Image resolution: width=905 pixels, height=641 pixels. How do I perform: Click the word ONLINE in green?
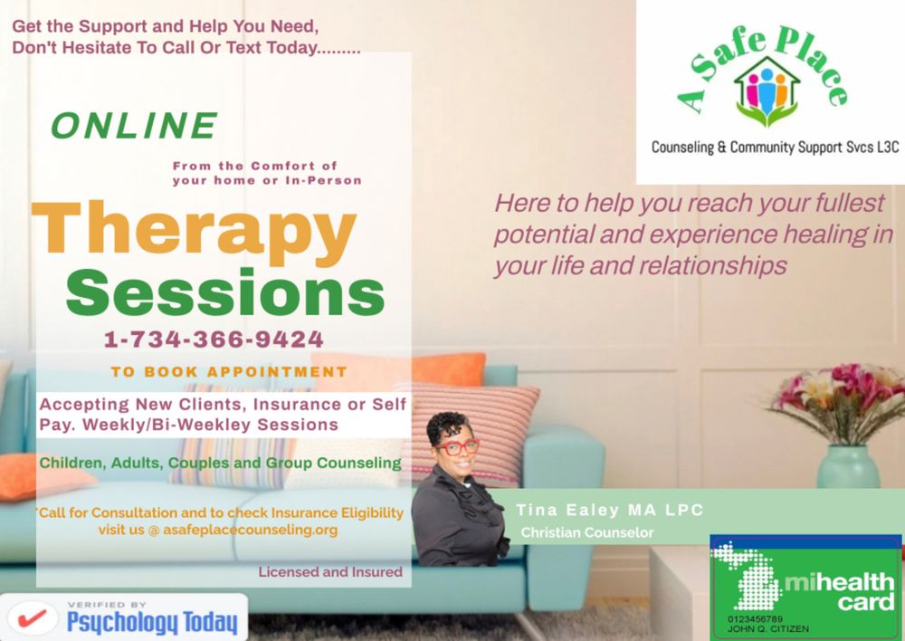pyautogui.click(x=133, y=126)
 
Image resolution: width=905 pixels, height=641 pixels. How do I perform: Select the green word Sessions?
pyautogui.click(x=225, y=292)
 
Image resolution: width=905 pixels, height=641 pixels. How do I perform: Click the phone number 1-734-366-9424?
pyautogui.click(x=214, y=340)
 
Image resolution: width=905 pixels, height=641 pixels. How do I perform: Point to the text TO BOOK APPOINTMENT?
pyautogui.click(x=229, y=371)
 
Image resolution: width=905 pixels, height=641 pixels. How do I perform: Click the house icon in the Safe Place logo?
pyautogui.click(x=767, y=91)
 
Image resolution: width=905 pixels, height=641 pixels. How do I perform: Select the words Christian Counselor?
pyautogui.click(x=586, y=533)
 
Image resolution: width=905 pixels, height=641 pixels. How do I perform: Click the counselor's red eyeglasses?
pyautogui.click(x=457, y=446)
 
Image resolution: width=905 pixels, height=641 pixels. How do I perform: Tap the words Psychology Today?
pyautogui.click(x=152, y=623)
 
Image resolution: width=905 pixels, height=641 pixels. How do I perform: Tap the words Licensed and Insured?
pyautogui.click(x=330, y=572)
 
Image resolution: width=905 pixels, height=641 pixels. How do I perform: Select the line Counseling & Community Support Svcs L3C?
pyautogui.click(x=775, y=147)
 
